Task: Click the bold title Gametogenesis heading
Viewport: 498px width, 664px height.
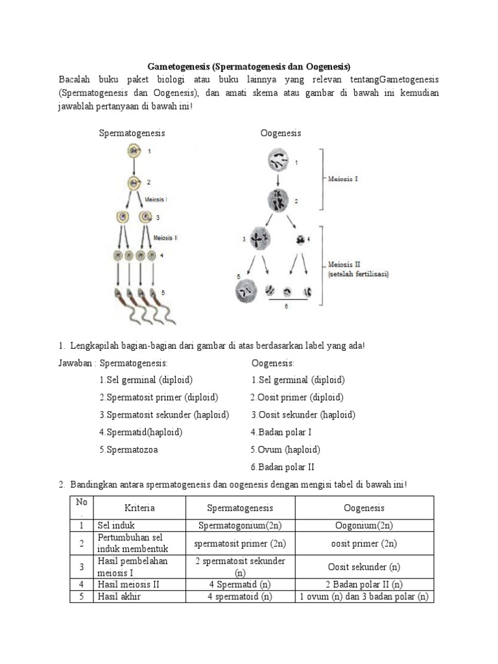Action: point(249,66)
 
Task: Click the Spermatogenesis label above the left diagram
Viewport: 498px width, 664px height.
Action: point(132,133)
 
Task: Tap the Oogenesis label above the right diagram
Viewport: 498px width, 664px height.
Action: point(281,133)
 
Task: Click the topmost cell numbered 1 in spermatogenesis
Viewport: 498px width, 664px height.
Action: point(133,152)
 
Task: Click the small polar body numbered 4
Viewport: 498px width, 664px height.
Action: point(301,240)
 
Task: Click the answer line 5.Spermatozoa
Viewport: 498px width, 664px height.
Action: point(128,449)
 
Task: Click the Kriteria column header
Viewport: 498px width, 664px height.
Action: point(139,508)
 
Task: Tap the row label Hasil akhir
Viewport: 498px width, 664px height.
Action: point(119,597)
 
